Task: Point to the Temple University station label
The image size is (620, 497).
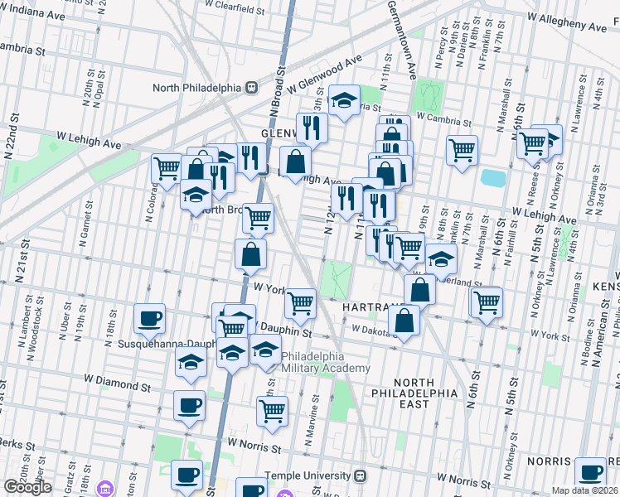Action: tap(308, 476)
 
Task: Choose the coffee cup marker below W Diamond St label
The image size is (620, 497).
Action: tap(189, 406)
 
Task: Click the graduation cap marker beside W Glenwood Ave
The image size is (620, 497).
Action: tap(344, 100)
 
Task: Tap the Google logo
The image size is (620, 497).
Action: tap(27, 487)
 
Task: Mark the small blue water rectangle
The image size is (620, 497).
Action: tap(492, 177)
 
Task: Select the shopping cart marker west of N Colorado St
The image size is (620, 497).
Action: tap(167, 168)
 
